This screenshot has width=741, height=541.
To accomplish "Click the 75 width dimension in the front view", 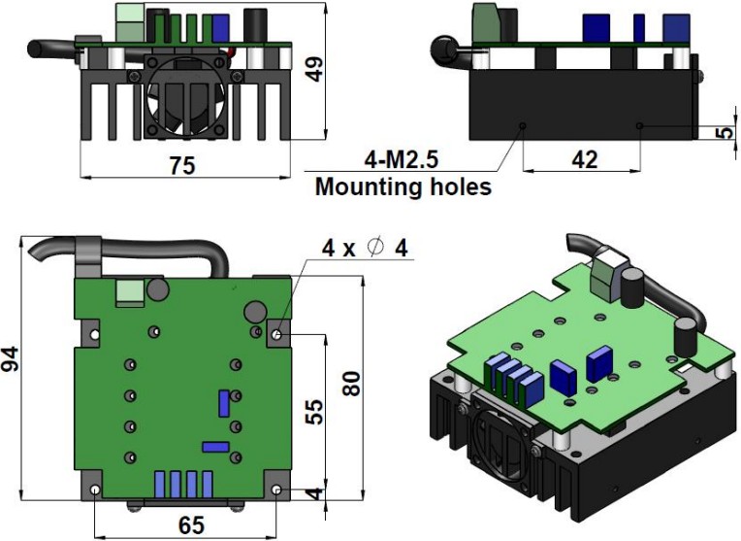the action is tap(182, 166).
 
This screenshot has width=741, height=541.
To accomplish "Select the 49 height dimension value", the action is tap(314, 69).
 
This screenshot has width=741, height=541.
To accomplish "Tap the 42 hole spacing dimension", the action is tap(584, 160).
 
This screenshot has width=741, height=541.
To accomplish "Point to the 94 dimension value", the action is tap(10, 358).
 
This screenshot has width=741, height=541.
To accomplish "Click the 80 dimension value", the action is tap(351, 384).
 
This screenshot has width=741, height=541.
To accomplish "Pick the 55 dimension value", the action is tap(314, 411).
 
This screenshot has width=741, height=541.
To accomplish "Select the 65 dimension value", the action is tap(191, 525).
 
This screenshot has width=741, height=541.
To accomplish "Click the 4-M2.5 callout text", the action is tap(402, 159).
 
